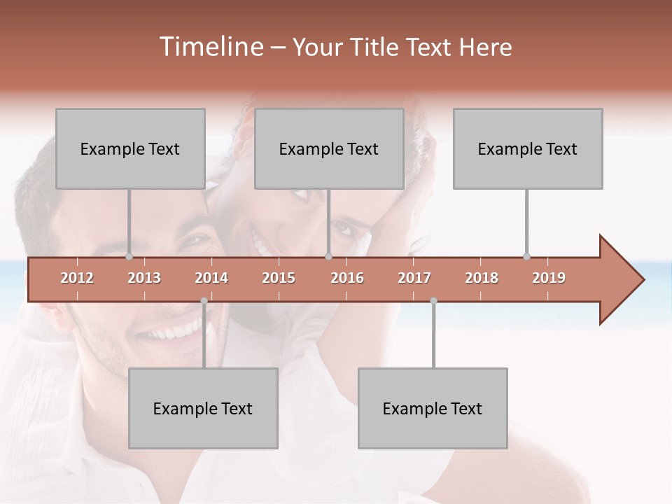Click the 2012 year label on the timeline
[x=77, y=278]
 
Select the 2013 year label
[x=144, y=278]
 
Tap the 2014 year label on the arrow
[x=211, y=278]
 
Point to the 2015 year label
[x=279, y=278]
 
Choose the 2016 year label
[x=347, y=278]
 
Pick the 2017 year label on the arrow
[x=414, y=278]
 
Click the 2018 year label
[x=482, y=278]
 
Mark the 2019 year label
[x=549, y=278]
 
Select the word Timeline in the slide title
[x=210, y=47]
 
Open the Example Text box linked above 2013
[x=130, y=148]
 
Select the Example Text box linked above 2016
[x=329, y=148]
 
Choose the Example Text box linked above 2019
[x=528, y=148]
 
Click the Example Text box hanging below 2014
[x=203, y=408]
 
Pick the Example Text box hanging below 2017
[x=433, y=408]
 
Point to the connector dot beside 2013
[x=129, y=257]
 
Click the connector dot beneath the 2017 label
[x=433, y=301]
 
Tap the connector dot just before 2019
[x=526, y=257]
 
